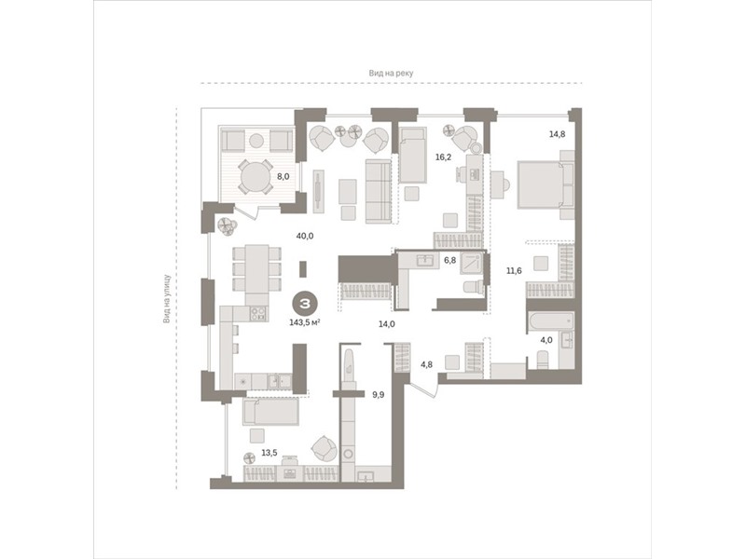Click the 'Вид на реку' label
[x=391, y=74]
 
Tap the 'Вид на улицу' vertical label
[x=167, y=298]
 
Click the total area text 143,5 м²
[x=305, y=322]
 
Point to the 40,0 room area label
[x=305, y=236]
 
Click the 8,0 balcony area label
[x=283, y=176]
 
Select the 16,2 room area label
[x=443, y=157]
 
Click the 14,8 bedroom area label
[x=557, y=134]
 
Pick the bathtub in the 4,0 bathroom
[x=550, y=322]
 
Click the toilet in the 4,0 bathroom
[x=544, y=360]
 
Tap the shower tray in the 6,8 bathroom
[x=472, y=264]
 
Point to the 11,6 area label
[x=514, y=271]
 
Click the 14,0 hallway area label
[x=387, y=324]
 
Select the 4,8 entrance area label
[x=427, y=365]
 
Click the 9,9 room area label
[x=379, y=394]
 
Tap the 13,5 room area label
[x=269, y=453]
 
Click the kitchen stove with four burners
[x=259, y=313]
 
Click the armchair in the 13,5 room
[x=325, y=448]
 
